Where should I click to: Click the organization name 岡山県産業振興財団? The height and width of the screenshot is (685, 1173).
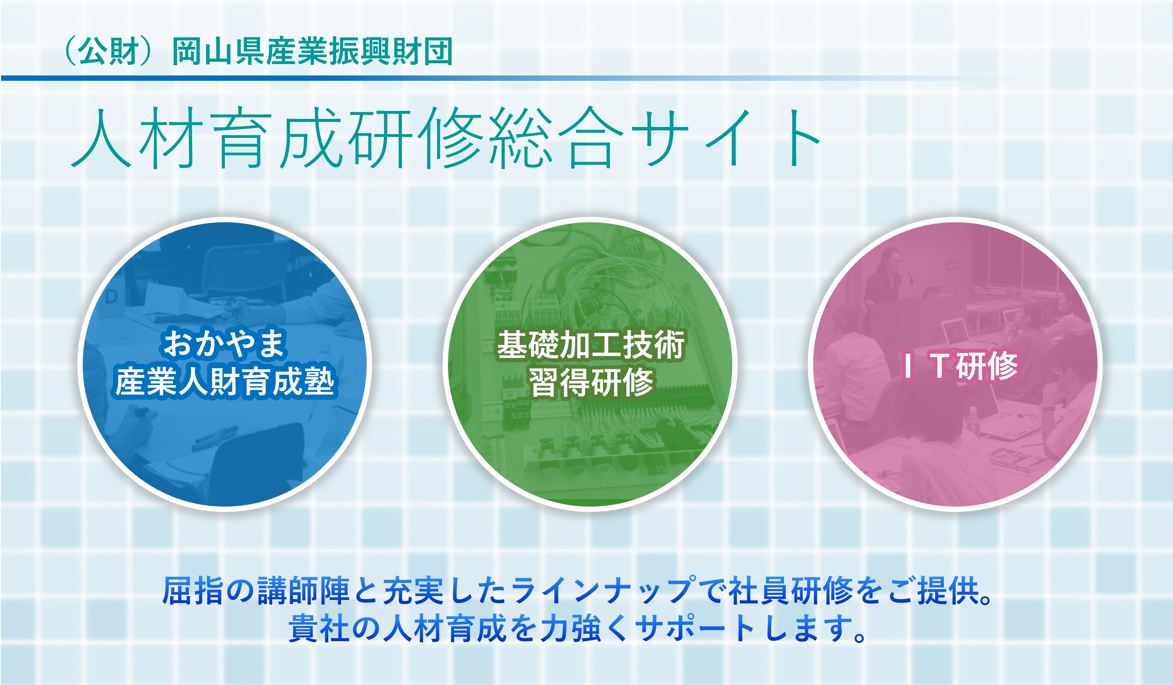click(x=312, y=51)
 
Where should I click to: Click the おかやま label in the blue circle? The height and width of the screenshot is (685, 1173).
click(x=225, y=343)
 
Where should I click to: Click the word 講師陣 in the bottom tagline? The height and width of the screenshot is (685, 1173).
click(x=303, y=591)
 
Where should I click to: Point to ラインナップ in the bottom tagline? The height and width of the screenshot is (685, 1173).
click(x=603, y=591)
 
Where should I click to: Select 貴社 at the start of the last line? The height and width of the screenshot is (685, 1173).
click(x=319, y=628)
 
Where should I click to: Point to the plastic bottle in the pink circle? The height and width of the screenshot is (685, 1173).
click(x=973, y=421)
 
